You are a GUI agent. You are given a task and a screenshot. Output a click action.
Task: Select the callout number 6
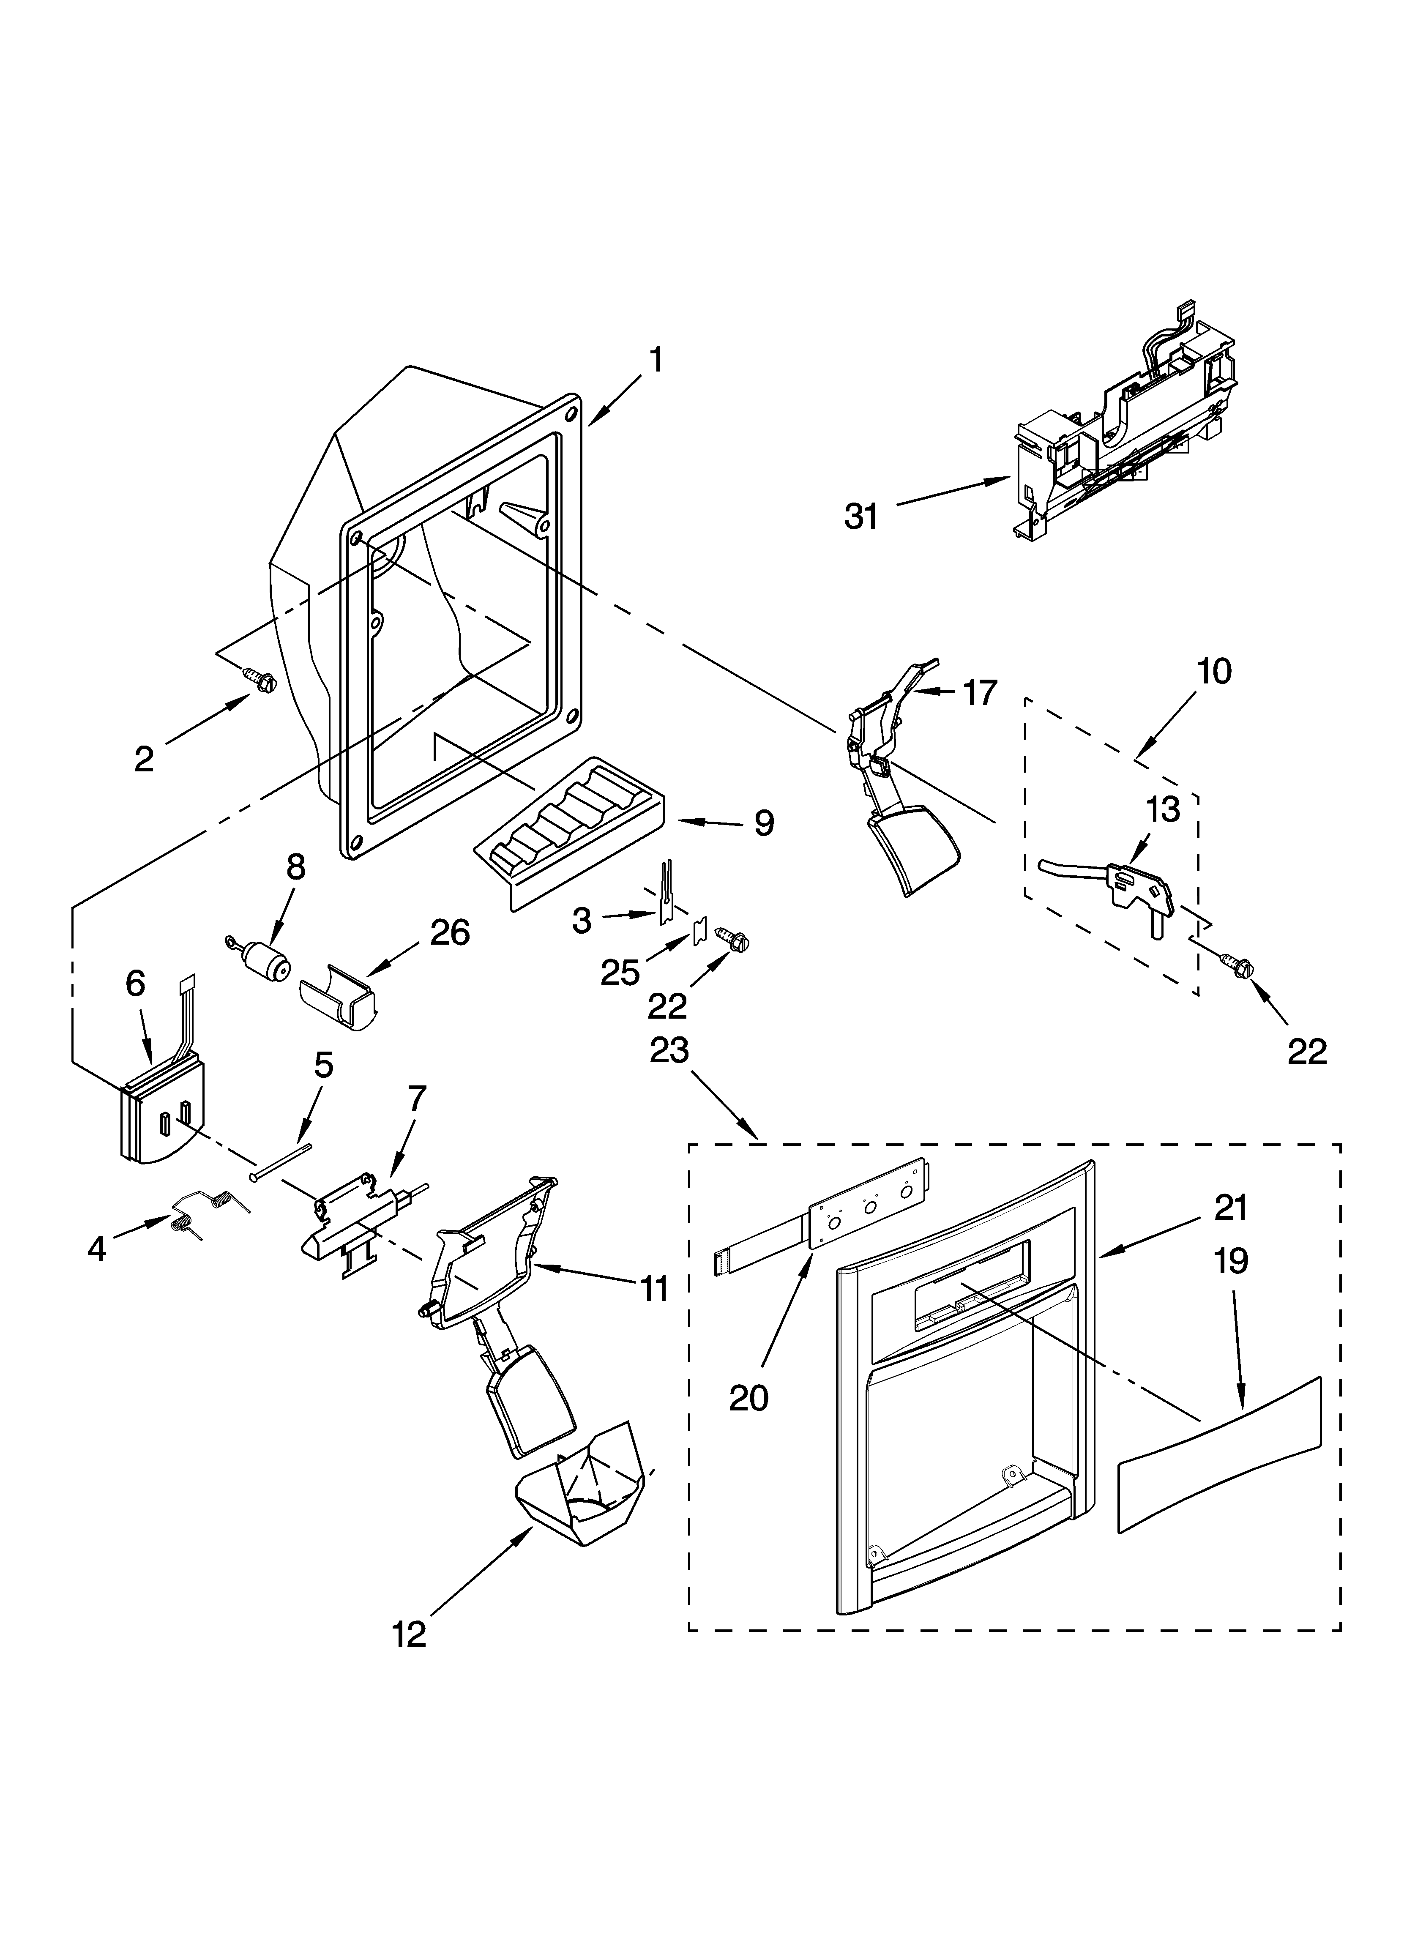pyautogui.click(x=135, y=983)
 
